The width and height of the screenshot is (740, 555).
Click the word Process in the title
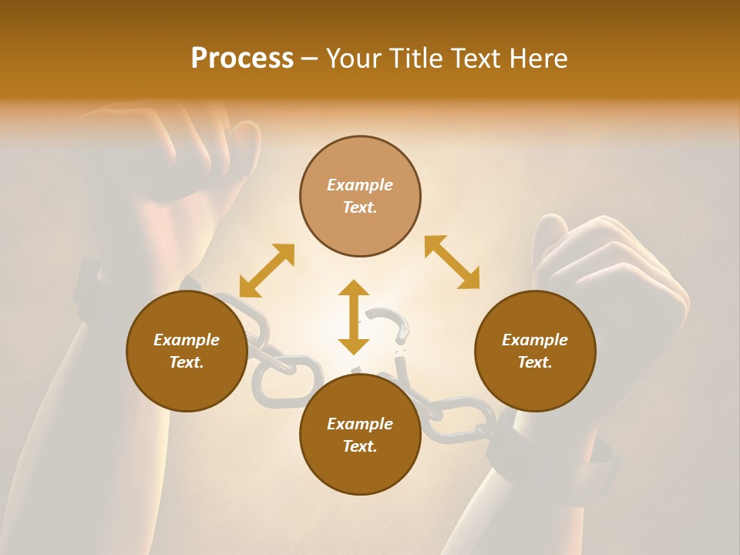(242, 59)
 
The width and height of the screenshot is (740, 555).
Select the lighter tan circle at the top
(360, 196)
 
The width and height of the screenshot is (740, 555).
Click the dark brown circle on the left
(187, 351)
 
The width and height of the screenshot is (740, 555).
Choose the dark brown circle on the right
(535, 351)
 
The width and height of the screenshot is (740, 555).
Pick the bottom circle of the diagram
(360, 435)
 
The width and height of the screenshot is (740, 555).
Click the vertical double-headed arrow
(354, 317)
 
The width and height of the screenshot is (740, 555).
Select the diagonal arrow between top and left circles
(267, 271)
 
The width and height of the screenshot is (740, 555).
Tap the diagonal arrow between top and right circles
(452, 262)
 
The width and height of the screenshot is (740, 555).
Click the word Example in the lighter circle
(360, 185)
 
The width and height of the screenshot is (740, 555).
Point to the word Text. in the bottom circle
(360, 446)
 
